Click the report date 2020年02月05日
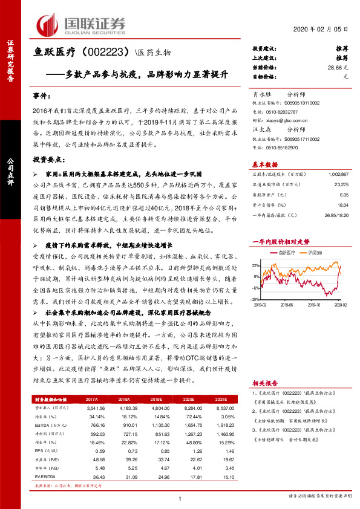click(325, 30)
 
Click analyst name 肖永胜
click(262, 95)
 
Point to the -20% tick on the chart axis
click(255, 298)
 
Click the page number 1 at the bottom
click(180, 498)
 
